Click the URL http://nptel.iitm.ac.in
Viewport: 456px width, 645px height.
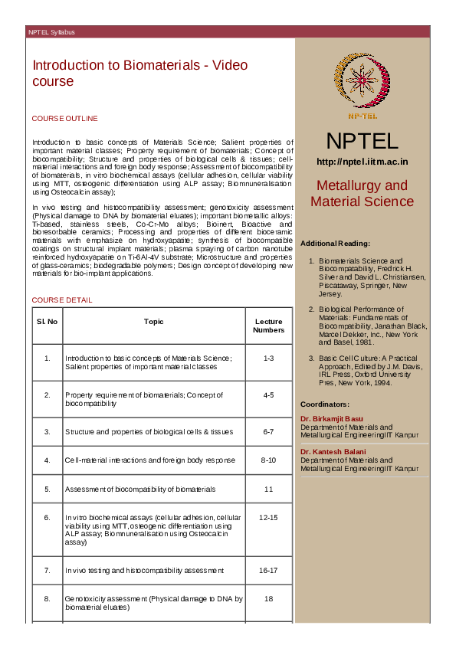pyautogui.click(x=362, y=162)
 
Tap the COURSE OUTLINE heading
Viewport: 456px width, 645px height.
pyautogui.click(x=64, y=119)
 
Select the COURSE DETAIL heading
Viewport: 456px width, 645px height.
pyautogui.click(x=61, y=300)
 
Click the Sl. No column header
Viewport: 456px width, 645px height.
pyautogui.click(x=47, y=322)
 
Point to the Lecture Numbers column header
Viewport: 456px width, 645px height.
pyautogui.click(x=268, y=326)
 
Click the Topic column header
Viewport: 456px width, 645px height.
pyautogui.click(x=153, y=322)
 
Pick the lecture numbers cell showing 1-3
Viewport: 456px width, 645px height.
pyautogui.click(x=268, y=359)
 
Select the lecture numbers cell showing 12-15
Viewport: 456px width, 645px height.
pyautogui.click(x=268, y=519)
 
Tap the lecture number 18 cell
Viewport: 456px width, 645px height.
pyautogui.click(x=268, y=599)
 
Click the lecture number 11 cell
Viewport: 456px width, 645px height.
pyautogui.click(x=268, y=489)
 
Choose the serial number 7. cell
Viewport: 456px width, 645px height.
pyautogui.click(x=47, y=571)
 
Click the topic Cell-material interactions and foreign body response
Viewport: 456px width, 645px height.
pyautogui.click(x=150, y=460)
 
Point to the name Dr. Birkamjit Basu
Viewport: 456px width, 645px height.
pyautogui.click(x=332, y=419)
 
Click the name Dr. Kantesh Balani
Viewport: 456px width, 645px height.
pyautogui.click(x=333, y=451)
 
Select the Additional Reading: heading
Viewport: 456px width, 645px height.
pyautogui.click(x=336, y=243)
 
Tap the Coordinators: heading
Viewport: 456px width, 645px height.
pyautogui.click(x=325, y=404)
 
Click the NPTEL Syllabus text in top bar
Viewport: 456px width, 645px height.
pyautogui.click(x=52, y=32)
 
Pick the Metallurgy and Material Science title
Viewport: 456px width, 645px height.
pyautogui.click(x=362, y=194)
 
